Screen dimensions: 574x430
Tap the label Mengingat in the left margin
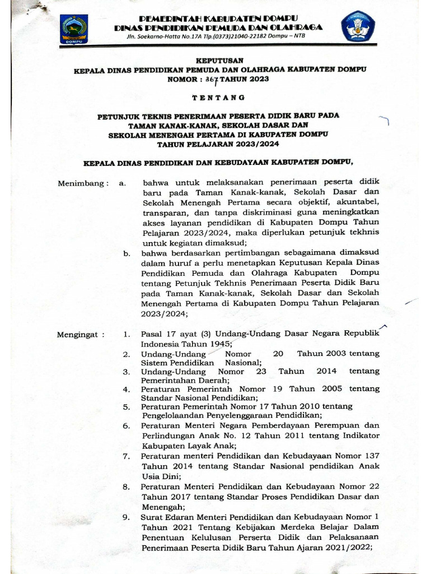pos(80,335)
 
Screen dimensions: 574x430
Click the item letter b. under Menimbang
pos(127,253)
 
